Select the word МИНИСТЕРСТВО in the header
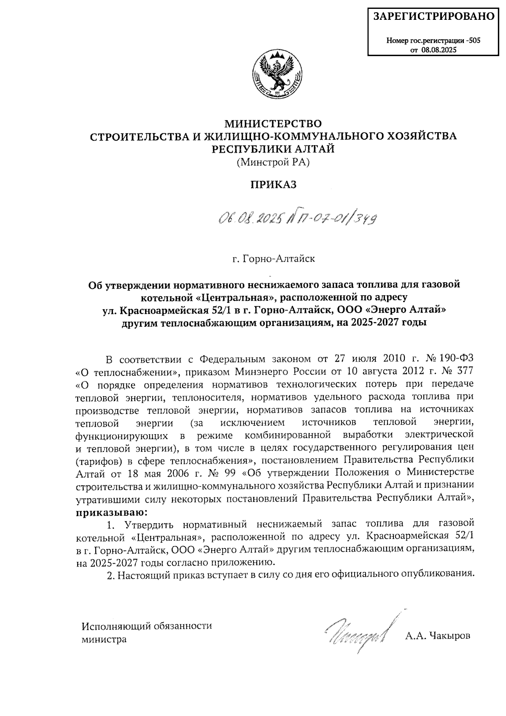273,124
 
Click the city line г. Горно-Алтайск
274,258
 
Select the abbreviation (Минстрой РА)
273,162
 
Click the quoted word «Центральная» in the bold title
228,297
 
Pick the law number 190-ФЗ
455,359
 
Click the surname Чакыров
449,635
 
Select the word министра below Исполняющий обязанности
104,639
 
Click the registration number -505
472,41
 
